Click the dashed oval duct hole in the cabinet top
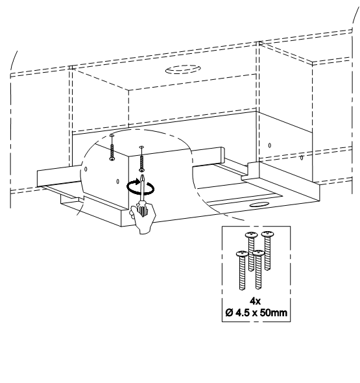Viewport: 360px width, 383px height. tap(183, 69)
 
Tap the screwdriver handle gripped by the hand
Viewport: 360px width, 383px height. tap(142, 208)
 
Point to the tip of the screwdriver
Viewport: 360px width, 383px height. tap(142, 175)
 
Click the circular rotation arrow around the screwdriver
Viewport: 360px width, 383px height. tap(141, 188)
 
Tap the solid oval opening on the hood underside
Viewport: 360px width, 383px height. tap(259, 204)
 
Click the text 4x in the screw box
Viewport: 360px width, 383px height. tap(256, 301)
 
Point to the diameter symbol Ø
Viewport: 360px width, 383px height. tap(230, 312)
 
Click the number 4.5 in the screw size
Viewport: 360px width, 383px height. tap(243, 312)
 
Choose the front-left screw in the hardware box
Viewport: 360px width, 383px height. tap(242, 270)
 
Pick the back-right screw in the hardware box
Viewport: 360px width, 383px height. tap(268, 251)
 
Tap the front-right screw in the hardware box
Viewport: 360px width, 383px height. tap(258, 269)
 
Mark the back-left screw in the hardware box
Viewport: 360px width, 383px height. tap(251, 252)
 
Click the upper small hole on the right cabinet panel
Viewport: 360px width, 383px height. tap(269, 145)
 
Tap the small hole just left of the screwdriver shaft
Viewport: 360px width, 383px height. tap(118, 182)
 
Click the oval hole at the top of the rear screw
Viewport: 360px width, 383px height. tap(112, 135)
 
